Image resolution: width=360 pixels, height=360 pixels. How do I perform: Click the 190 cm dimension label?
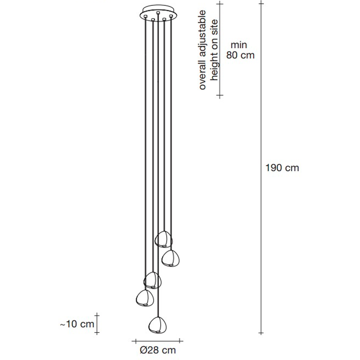(x=282, y=168)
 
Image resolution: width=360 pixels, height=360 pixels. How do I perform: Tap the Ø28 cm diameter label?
(x=158, y=350)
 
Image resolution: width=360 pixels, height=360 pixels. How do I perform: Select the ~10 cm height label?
(x=77, y=324)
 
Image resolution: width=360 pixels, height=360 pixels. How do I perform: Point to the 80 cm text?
(x=240, y=55)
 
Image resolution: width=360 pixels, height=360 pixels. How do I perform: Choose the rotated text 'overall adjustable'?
(x=202, y=50)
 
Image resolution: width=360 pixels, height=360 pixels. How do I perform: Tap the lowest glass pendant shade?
(x=158, y=325)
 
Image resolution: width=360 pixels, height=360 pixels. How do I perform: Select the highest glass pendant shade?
(x=164, y=239)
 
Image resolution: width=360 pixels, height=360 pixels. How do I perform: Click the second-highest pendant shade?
(x=170, y=258)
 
